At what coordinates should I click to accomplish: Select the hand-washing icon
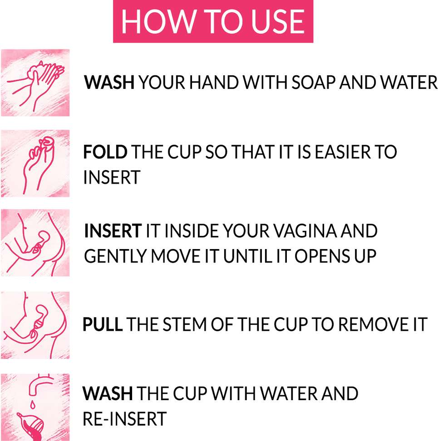click(35, 83)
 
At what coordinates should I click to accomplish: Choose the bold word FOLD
click(105, 152)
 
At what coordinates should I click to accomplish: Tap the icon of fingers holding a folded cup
click(35, 163)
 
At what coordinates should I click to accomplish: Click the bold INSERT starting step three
click(113, 231)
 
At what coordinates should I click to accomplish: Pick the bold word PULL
click(102, 324)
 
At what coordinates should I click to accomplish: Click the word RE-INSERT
click(124, 419)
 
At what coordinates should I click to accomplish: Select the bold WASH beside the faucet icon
click(108, 393)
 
